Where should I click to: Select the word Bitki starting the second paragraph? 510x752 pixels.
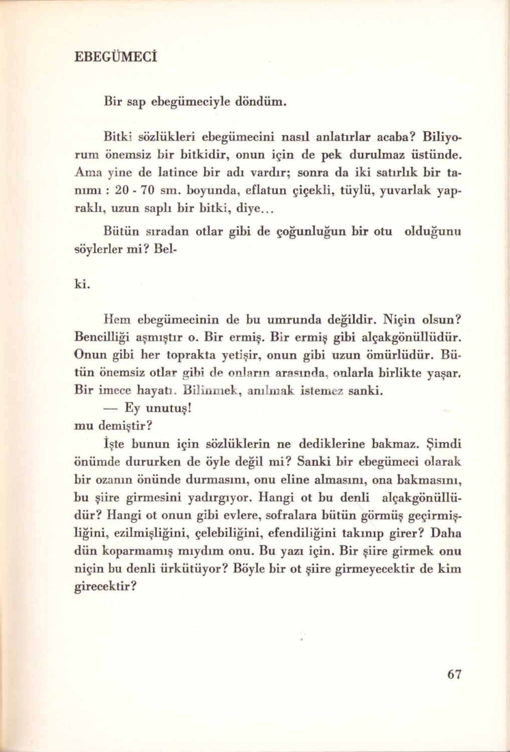coord(116,136)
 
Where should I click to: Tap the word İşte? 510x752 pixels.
coord(114,444)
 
